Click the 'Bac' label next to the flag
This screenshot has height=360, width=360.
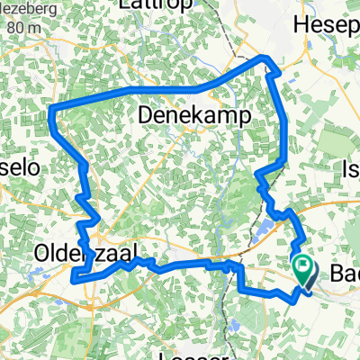(342, 271)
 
